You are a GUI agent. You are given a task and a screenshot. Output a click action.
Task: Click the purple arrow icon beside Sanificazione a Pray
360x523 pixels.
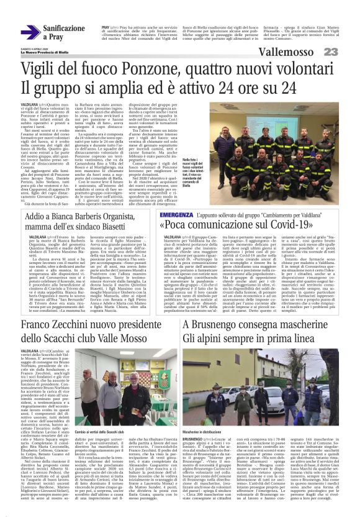[30, 32]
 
